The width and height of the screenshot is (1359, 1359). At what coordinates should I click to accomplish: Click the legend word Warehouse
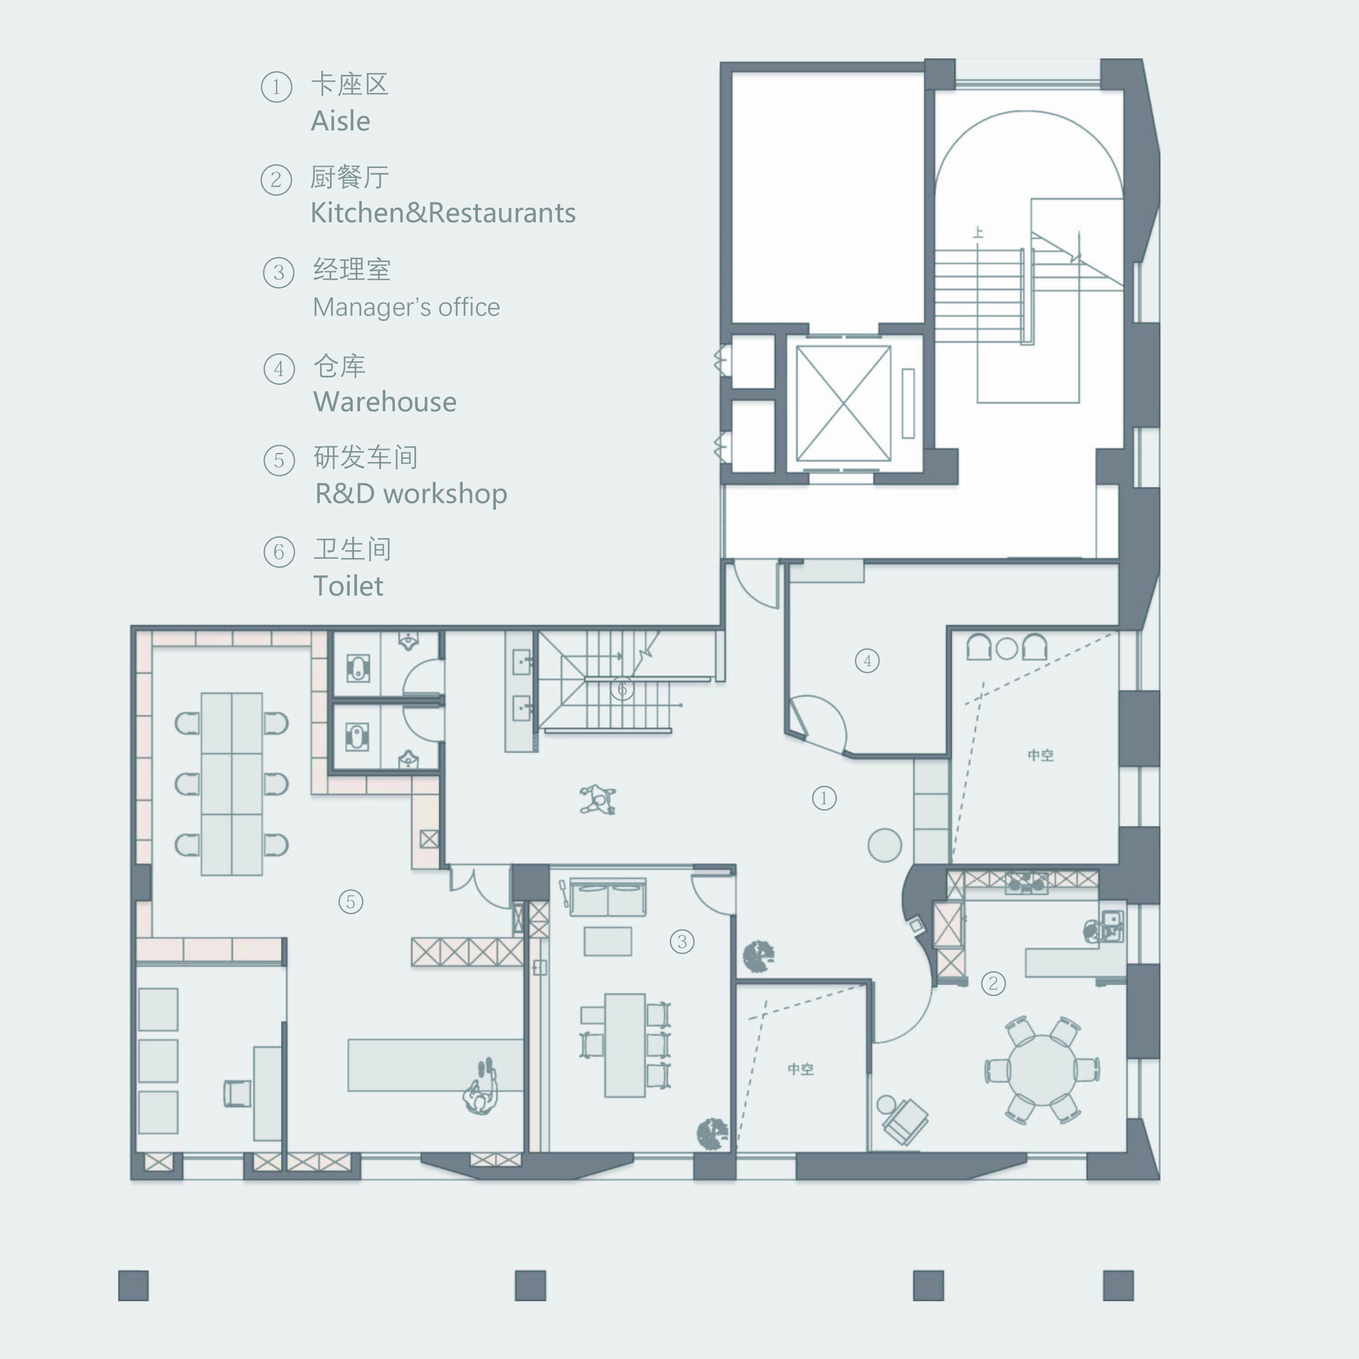coord(385,402)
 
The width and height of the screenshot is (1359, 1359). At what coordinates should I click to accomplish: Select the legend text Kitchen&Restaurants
coord(443,213)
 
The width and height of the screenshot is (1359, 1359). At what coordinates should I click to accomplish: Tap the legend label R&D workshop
coord(411,494)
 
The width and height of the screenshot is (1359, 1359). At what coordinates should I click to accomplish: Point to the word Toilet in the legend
coord(348,586)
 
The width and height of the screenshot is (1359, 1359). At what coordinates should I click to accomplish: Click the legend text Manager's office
coord(406,307)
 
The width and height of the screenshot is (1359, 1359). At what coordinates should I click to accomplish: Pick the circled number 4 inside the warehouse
coord(867,661)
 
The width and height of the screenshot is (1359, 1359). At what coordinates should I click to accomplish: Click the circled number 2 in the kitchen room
coord(992,983)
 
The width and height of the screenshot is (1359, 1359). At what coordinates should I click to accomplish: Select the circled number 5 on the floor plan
coord(350,902)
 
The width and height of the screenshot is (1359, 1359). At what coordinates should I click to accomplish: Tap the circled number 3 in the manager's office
coord(681,941)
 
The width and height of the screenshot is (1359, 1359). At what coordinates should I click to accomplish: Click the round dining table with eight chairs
coord(1043,1070)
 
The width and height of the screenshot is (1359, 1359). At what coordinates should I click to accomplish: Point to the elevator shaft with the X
coord(843,403)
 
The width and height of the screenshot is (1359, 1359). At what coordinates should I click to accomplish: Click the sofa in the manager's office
coord(608,897)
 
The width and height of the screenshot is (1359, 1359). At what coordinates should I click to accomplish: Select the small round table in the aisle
coord(884,845)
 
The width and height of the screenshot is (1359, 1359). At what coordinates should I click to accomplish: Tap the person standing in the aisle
coord(598,800)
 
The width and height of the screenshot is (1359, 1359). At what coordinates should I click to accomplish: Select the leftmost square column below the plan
coord(133,1286)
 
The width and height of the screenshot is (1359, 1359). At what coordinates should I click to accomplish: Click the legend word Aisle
coord(341,121)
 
